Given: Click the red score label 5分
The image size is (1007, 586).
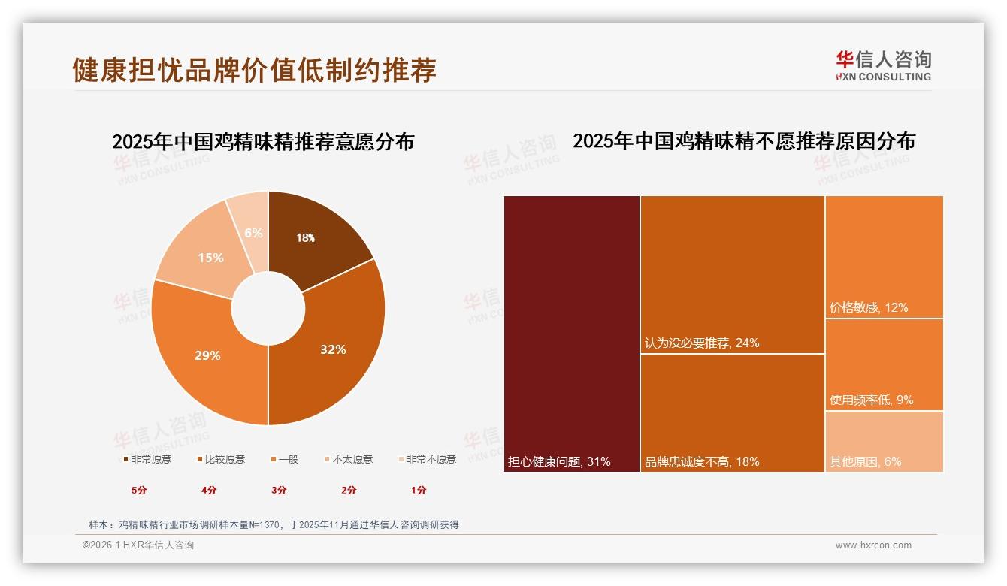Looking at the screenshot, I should pos(139,490).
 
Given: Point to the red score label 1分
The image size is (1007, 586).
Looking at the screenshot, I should pos(419,490).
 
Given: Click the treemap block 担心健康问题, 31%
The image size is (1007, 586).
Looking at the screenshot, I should pos(572,334).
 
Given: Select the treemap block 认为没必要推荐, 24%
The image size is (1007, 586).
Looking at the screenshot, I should pos(733,274).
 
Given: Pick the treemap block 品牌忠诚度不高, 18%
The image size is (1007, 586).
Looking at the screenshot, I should pos(733,412).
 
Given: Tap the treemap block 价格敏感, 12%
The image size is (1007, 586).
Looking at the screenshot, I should pos(885,256).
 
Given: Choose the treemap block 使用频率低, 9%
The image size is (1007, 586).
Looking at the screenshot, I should pos(885,364).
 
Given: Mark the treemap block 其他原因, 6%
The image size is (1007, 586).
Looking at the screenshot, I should pos(885,442).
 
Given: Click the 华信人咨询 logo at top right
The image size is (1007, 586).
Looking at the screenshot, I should pos(883,66).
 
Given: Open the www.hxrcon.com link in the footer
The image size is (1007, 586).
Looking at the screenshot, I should pos(873,545).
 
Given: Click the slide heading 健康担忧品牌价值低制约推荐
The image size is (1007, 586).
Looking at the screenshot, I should pos(254,70).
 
